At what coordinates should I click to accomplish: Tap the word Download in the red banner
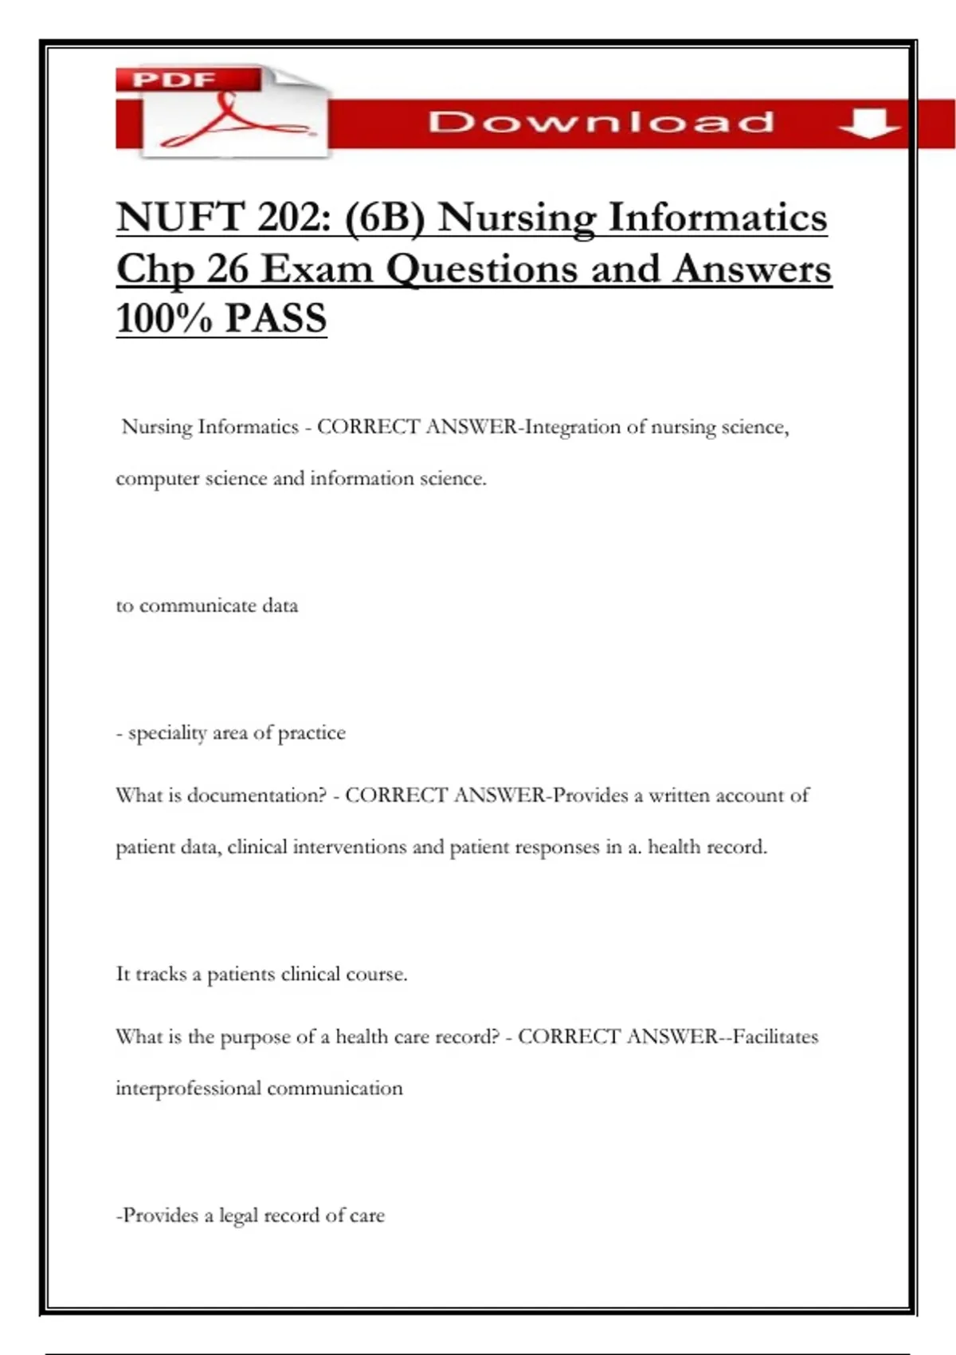point(601,122)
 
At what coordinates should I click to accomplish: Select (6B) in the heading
point(384,217)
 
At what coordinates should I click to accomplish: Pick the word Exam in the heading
point(317,269)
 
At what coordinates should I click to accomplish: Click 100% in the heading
point(164,318)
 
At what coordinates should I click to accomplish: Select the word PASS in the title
point(276,318)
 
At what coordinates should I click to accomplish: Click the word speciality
point(167,733)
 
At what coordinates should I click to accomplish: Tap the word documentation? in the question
point(257,795)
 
